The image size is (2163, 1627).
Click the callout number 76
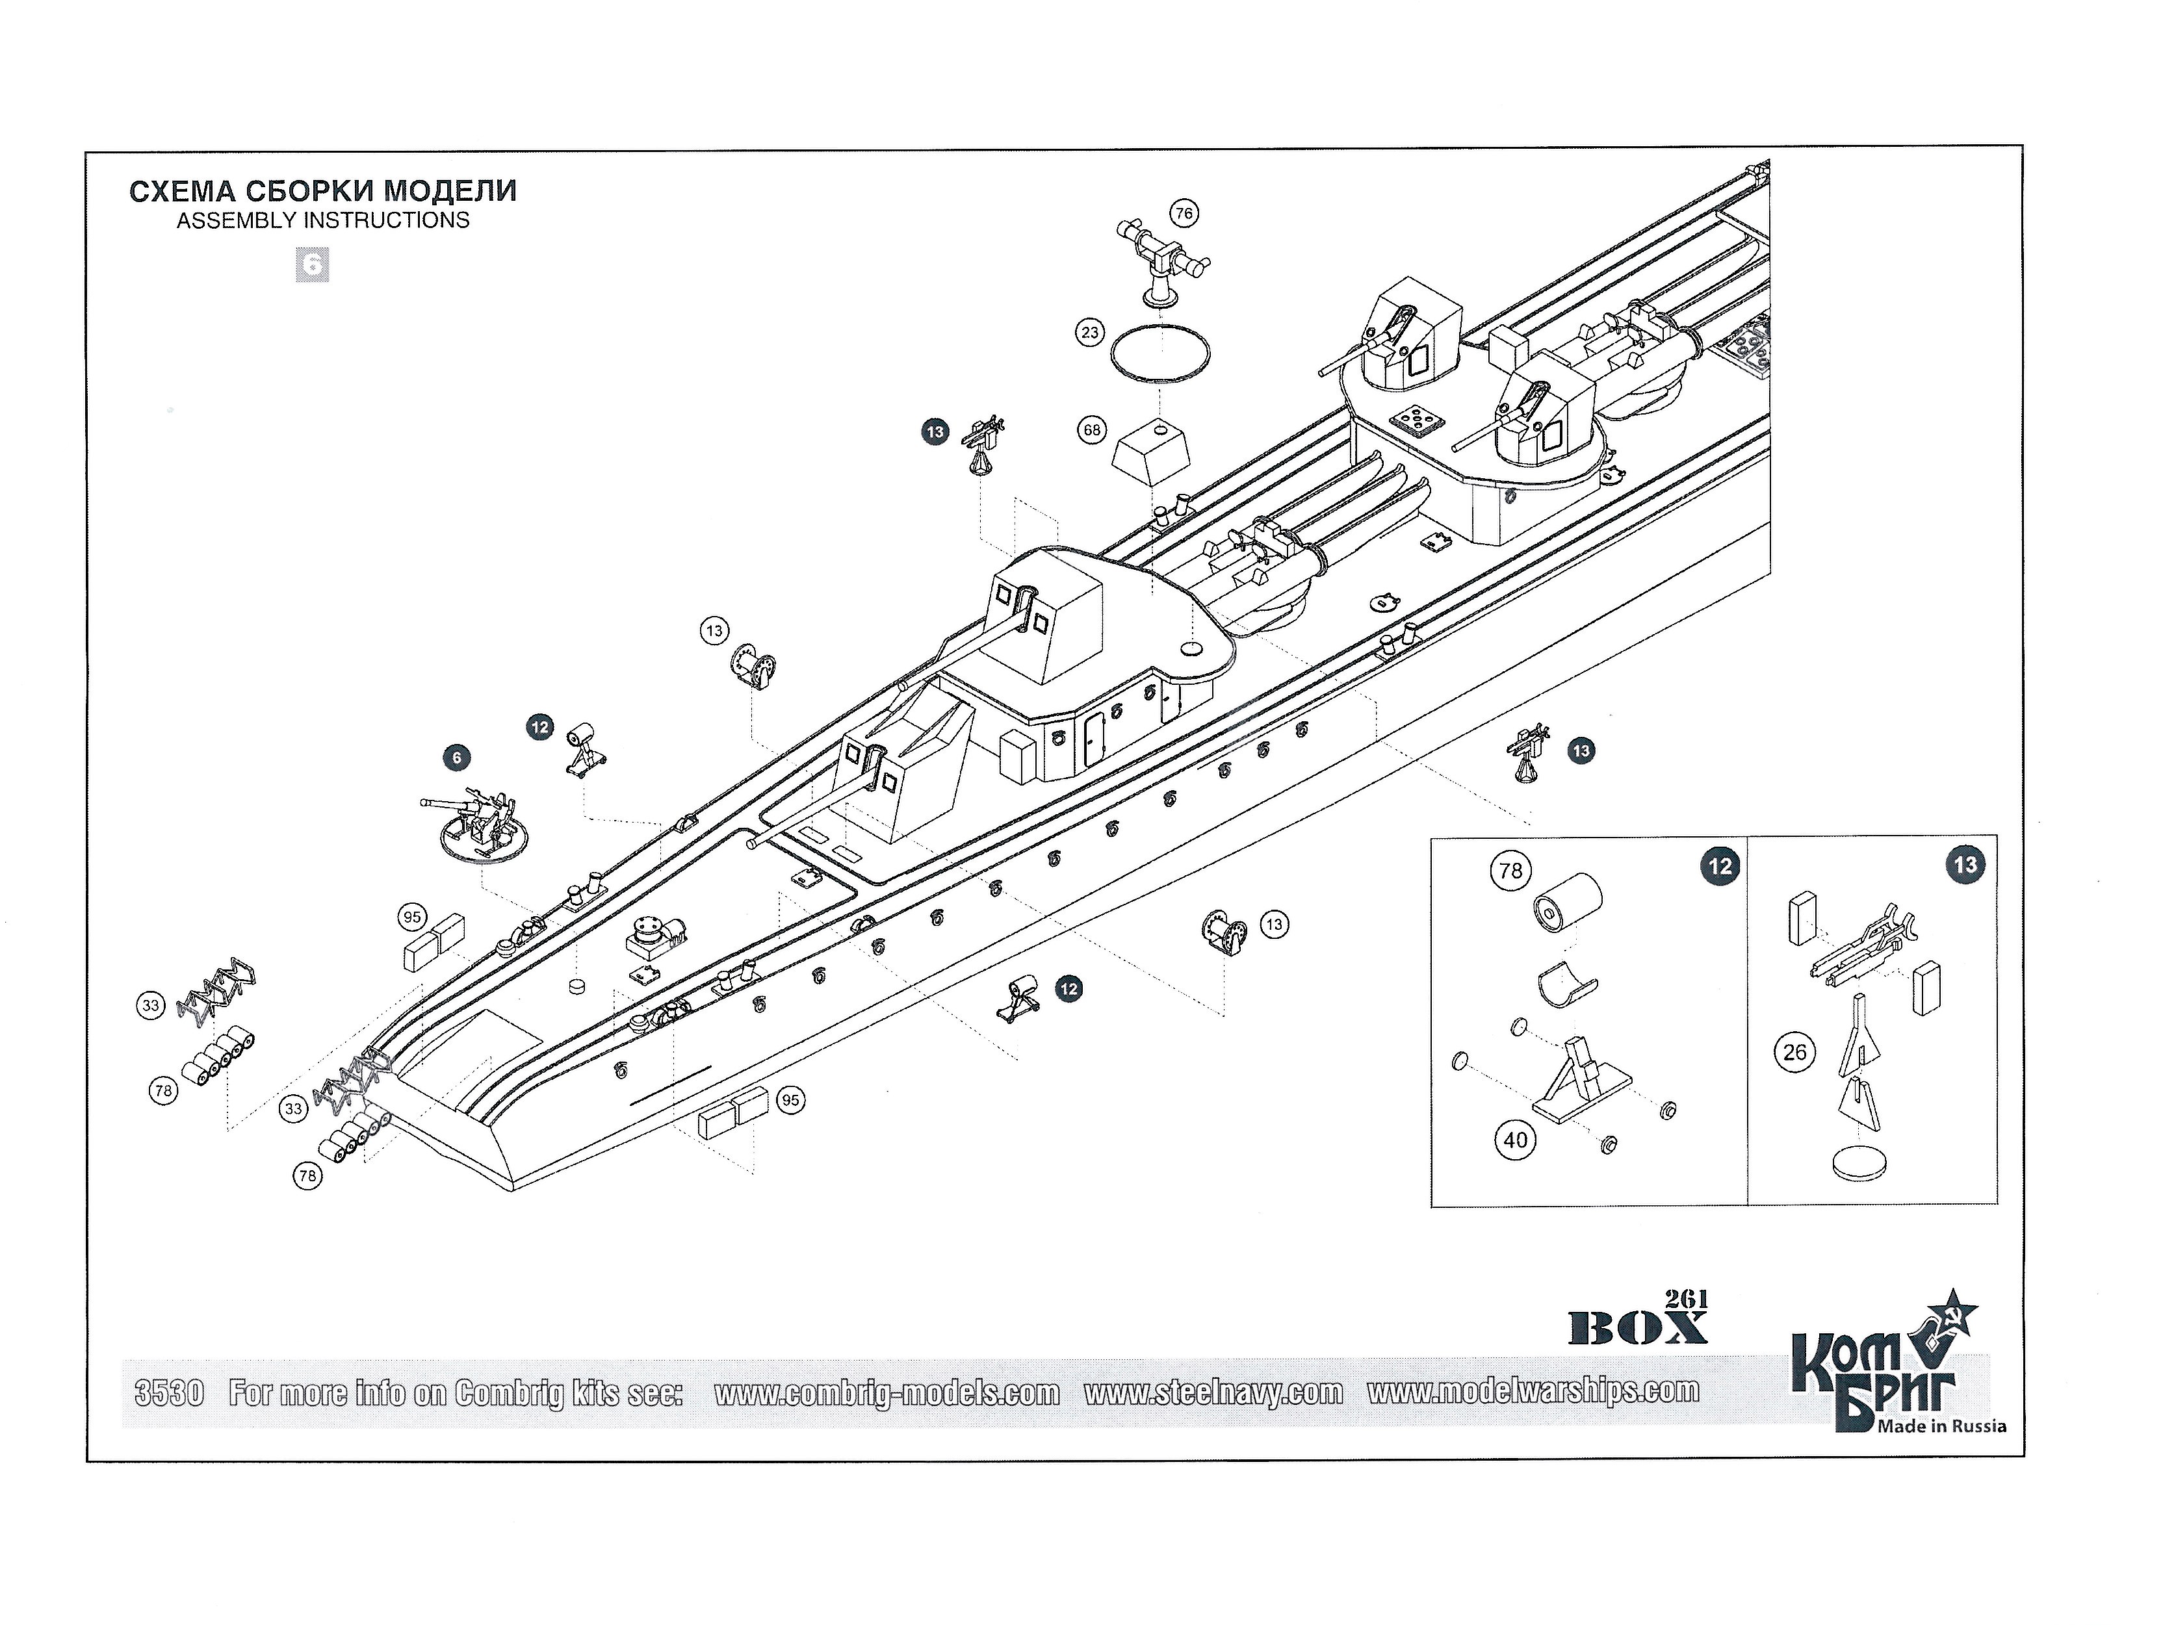(x=1184, y=213)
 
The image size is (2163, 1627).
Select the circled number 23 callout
(x=1089, y=333)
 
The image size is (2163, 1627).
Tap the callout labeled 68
(x=1091, y=430)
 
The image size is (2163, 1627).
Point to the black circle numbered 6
(x=456, y=757)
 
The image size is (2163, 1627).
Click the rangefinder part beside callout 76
(x=1163, y=259)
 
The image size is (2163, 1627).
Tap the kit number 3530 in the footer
(x=169, y=1392)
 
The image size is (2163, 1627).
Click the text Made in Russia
(x=1941, y=1427)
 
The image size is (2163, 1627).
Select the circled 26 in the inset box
(x=1794, y=1052)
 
